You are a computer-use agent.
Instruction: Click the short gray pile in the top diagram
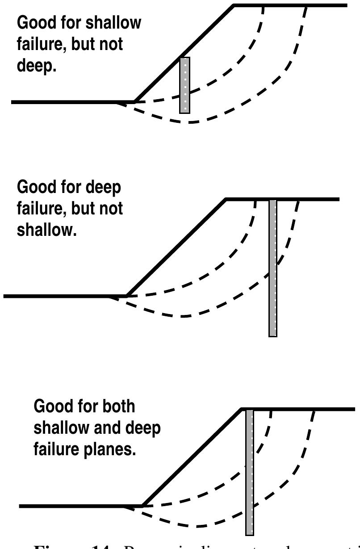click(x=185, y=85)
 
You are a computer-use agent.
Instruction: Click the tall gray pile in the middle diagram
click(x=272, y=268)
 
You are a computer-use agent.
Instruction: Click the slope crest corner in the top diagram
click(x=234, y=5)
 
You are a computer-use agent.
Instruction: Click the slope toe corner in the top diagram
click(x=135, y=102)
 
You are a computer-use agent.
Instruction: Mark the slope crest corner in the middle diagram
click(x=226, y=199)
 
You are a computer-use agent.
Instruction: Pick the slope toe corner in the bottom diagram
click(x=142, y=506)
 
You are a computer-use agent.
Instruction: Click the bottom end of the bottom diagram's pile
click(x=250, y=534)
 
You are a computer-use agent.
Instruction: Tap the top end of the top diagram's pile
click(x=185, y=58)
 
